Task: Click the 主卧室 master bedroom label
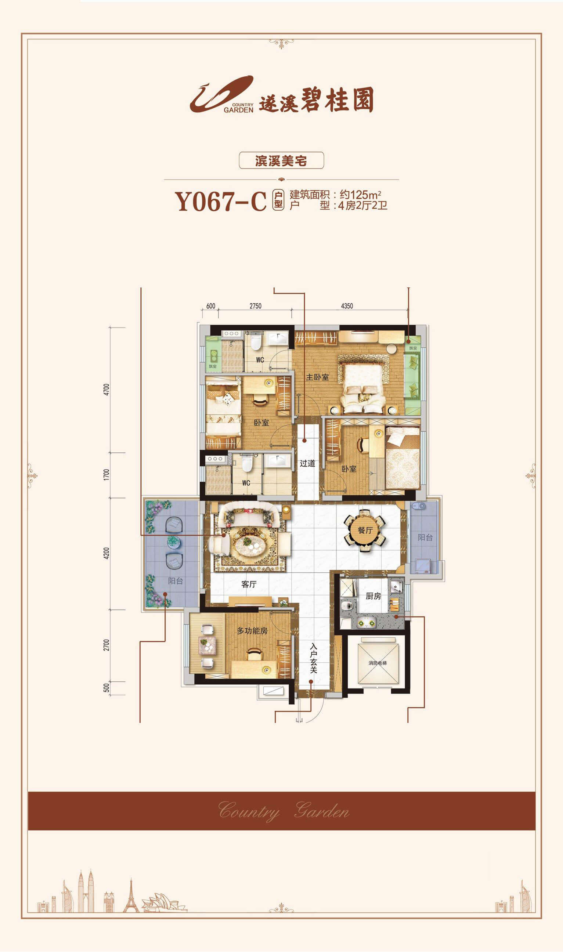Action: coord(317,377)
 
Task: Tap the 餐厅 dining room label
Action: coord(365,530)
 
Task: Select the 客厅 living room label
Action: coord(249,584)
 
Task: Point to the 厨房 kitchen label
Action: coord(373,596)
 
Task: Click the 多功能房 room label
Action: coord(252,630)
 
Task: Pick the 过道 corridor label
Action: coord(307,463)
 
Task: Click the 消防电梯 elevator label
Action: coord(378,663)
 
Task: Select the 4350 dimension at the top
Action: coord(347,306)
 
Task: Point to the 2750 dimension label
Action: coord(255,306)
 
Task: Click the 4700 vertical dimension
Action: coord(107,390)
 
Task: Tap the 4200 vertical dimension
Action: coord(107,553)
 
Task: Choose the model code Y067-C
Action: coord(220,201)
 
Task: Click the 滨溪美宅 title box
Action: coord(281,160)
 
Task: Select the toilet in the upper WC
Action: coord(255,341)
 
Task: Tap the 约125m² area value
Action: coord(360,195)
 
